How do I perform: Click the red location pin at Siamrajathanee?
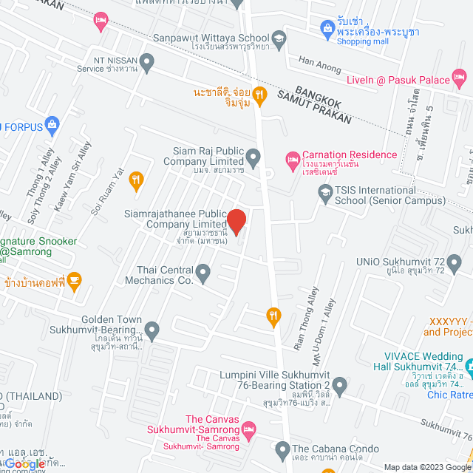(236, 221)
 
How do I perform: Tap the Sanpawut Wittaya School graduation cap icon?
(279, 38)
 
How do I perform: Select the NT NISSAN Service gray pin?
(147, 61)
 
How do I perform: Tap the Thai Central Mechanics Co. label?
(164, 275)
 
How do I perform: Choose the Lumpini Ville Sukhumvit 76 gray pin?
(339, 384)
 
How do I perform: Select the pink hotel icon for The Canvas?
(249, 429)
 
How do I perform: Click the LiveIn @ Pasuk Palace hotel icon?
(460, 76)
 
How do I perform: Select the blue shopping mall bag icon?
(327, 28)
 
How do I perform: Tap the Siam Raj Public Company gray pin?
(253, 156)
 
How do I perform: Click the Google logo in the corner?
(25, 463)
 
